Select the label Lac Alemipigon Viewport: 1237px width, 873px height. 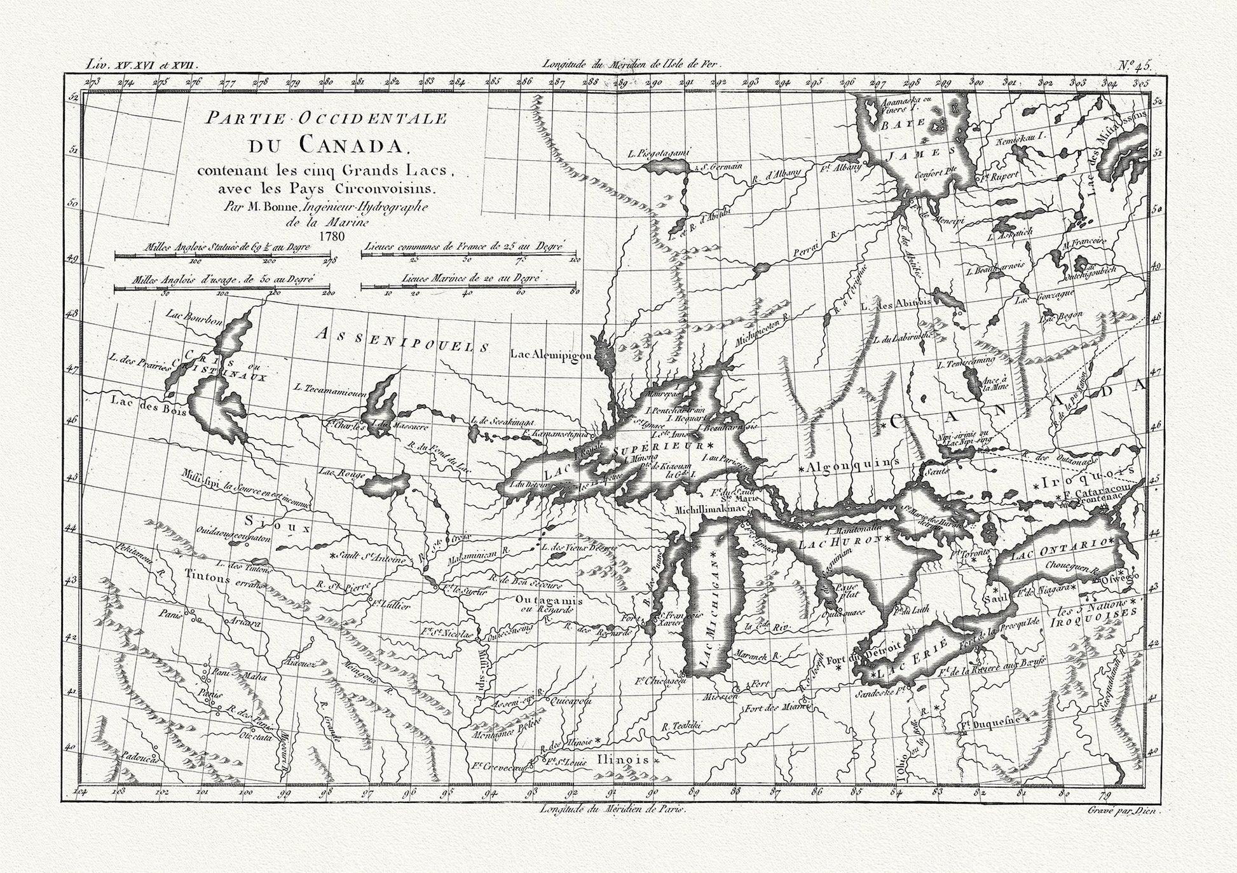(x=550, y=355)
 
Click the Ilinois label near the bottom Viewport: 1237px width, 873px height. (x=623, y=759)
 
